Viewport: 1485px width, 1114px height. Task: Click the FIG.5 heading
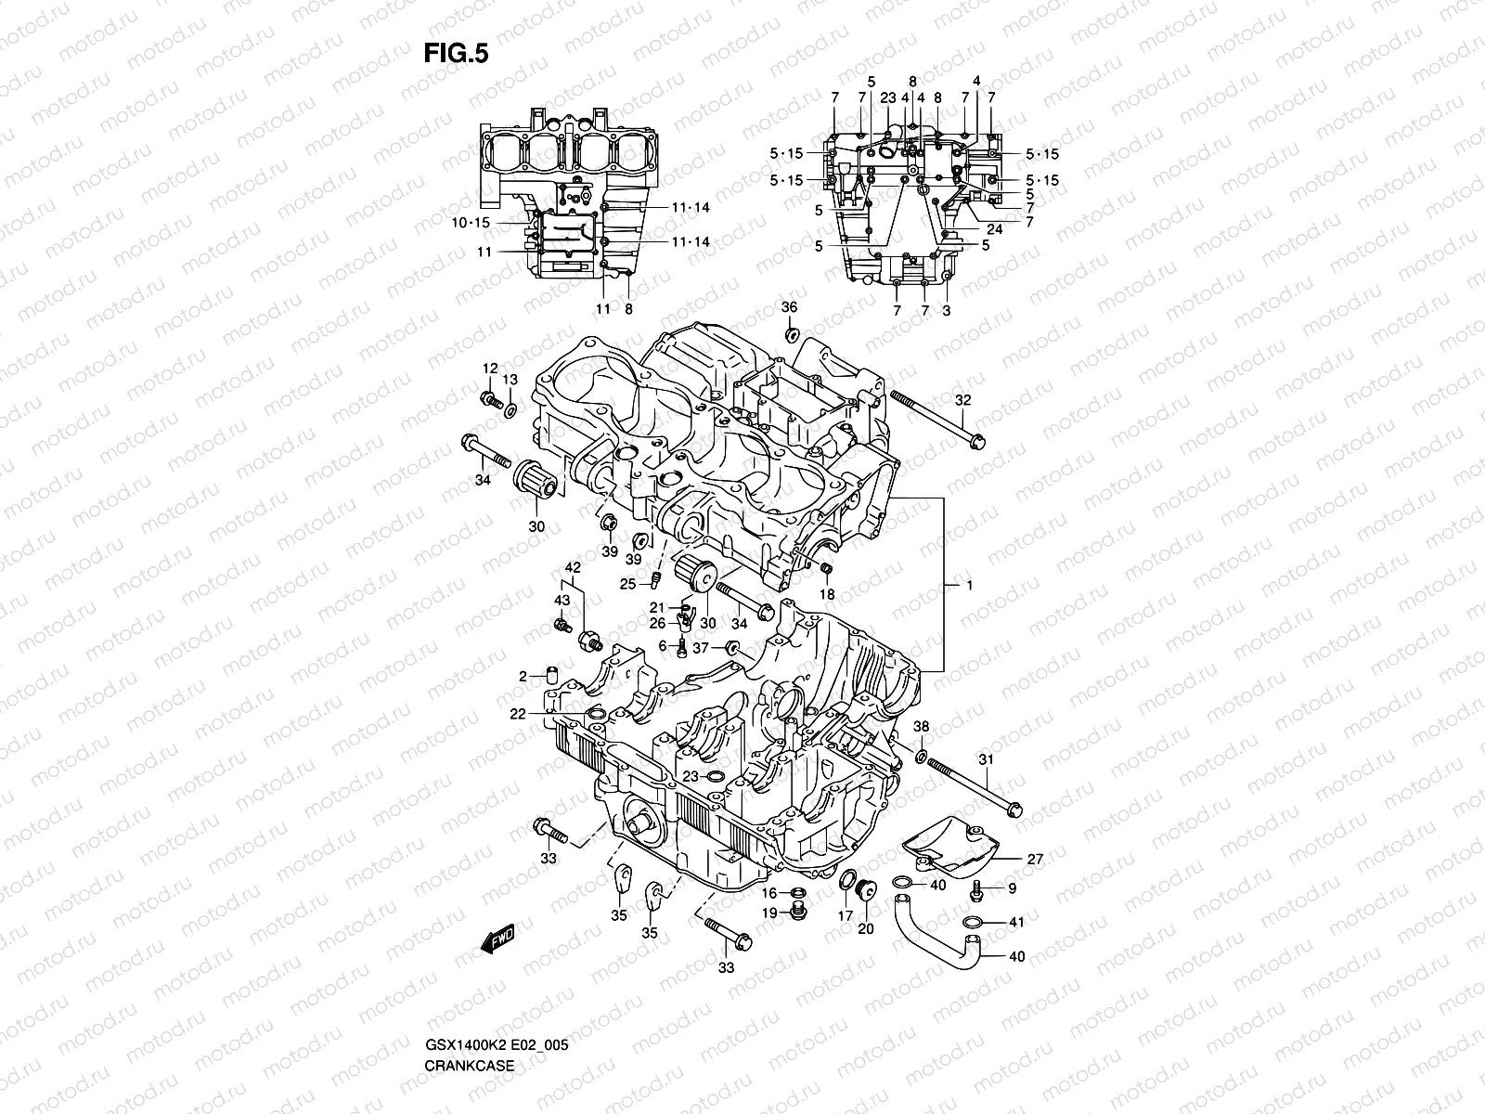[x=456, y=55]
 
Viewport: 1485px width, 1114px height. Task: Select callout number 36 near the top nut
[x=789, y=307]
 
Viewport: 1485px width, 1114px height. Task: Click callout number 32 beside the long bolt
[x=963, y=400]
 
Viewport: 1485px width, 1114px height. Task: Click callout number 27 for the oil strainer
[x=1035, y=860]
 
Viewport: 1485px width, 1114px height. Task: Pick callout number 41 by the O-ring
[x=1016, y=923]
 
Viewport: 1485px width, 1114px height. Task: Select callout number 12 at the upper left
[x=490, y=369]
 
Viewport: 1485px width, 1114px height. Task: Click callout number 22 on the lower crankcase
[x=517, y=713]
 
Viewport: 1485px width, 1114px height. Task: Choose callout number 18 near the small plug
[x=827, y=594]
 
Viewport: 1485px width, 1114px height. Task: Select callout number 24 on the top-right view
[x=994, y=228]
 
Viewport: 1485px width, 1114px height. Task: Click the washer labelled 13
[x=511, y=409]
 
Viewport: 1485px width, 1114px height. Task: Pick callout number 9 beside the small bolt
[x=1012, y=888]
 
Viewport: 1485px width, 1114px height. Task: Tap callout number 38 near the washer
[x=921, y=726]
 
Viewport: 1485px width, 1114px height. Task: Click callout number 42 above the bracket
[x=573, y=567]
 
